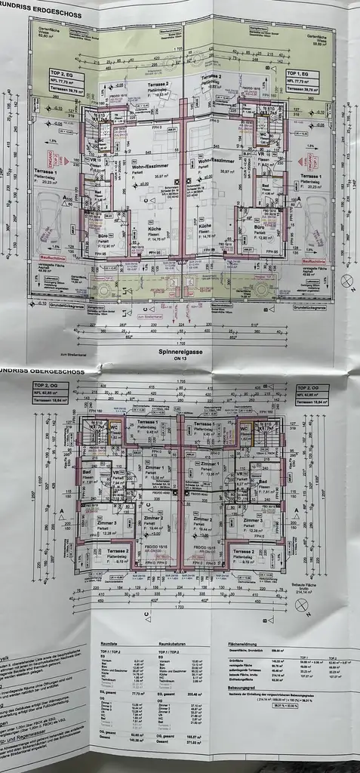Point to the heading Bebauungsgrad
pyautogui.click(x=242, y=688)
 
